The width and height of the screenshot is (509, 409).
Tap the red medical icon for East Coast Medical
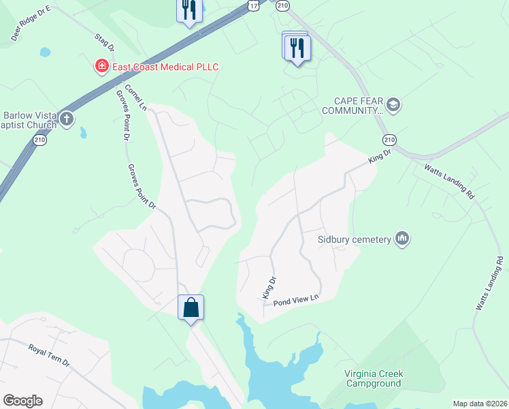click(101, 66)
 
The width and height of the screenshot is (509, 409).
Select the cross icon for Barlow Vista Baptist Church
click(66, 120)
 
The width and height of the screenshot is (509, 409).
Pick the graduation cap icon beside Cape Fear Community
click(393, 105)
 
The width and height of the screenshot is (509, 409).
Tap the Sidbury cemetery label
click(354, 239)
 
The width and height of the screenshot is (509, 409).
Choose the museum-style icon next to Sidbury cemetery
click(401, 239)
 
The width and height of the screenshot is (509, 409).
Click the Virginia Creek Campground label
click(374, 378)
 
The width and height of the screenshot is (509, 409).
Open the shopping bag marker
click(191, 307)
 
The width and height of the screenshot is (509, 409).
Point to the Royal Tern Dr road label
click(49, 355)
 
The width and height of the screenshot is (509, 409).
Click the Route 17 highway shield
click(253, 5)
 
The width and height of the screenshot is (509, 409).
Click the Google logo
click(22, 401)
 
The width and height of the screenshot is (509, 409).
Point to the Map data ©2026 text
click(480, 404)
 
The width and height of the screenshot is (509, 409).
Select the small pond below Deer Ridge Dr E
click(45, 52)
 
